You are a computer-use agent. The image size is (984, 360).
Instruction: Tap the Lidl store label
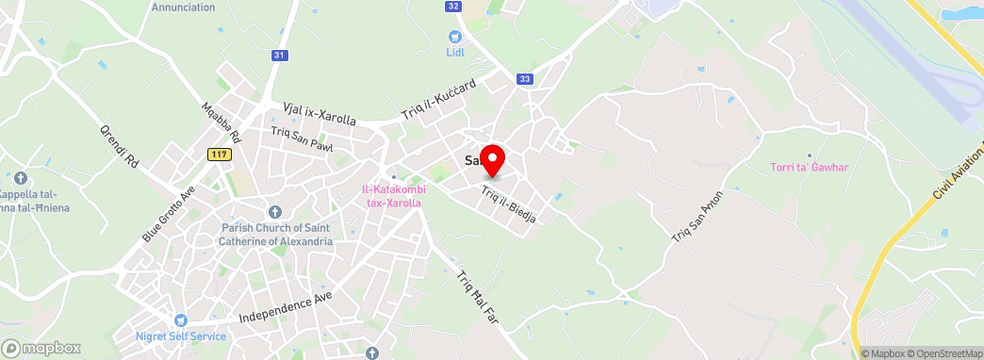pyautogui.click(x=456, y=52)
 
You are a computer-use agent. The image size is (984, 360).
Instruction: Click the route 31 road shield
pyautogui.click(x=278, y=56)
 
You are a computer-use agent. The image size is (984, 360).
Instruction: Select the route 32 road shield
pyautogui.click(x=454, y=6)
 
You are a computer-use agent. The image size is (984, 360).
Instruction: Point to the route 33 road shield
pyautogui.click(x=524, y=79)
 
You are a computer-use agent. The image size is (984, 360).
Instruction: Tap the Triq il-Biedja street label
pyautogui.click(x=508, y=204)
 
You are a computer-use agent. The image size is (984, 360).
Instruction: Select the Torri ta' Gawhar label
pyautogui.click(x=810, y=168)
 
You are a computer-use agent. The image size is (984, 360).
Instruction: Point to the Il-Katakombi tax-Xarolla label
pyautogui.click(x=394, y=195)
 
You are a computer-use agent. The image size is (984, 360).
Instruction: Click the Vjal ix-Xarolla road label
pyautogui.click(x=320, y=114)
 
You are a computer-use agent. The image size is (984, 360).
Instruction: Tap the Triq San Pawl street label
pyautogui.click(x=302, y=139)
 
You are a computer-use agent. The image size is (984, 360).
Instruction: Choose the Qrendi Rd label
pyautogui.click(x=120, y=146)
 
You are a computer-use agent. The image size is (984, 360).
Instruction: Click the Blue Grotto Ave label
pyautogui.click(x=169, y=214)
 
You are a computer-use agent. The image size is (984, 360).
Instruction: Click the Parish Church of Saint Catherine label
pyautogui.click(x=277, y=235)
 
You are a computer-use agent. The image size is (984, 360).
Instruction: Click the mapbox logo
pyautogui.click(x=43, y=348)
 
